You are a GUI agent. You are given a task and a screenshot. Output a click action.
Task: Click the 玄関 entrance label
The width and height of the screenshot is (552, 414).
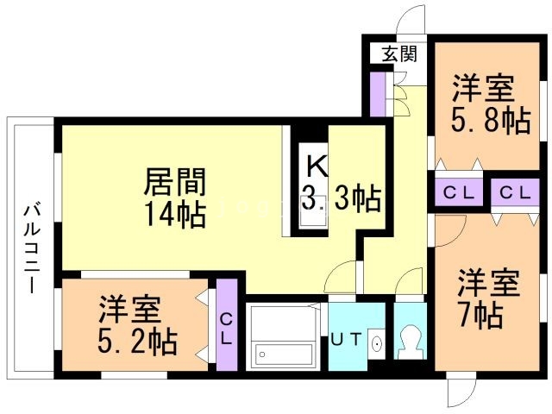point(399,53)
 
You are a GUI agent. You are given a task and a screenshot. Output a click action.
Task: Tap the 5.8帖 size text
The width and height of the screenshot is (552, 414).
point(491,120)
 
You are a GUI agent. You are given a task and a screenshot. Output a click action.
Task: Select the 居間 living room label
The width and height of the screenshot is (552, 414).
point(175,182)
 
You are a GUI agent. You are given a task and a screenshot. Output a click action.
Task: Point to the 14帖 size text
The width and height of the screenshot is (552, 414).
point(175,214)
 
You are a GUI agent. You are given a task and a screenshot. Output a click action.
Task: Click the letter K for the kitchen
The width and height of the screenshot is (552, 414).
point(317,166)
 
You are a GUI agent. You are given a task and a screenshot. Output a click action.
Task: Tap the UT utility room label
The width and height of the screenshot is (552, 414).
point(347,340)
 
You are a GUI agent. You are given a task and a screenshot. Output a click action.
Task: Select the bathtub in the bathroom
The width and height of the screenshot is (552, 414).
point(284,354)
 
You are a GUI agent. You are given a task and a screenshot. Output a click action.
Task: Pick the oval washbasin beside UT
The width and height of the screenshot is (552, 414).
point(377,343)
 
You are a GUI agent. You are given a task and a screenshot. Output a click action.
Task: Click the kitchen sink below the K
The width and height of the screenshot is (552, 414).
point(313,219)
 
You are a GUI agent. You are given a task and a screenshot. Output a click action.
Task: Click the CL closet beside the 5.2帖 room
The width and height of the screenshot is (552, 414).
point(226,325)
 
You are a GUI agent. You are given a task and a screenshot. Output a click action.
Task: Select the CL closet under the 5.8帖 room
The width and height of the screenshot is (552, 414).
point(458,192)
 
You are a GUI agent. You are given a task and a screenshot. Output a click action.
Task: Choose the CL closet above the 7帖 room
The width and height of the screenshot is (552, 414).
point(516,192)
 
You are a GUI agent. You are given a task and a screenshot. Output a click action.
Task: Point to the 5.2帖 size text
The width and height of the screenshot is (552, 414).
point(137,342)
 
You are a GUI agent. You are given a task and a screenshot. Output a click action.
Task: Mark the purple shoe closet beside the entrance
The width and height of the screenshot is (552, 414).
point(378,94)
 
